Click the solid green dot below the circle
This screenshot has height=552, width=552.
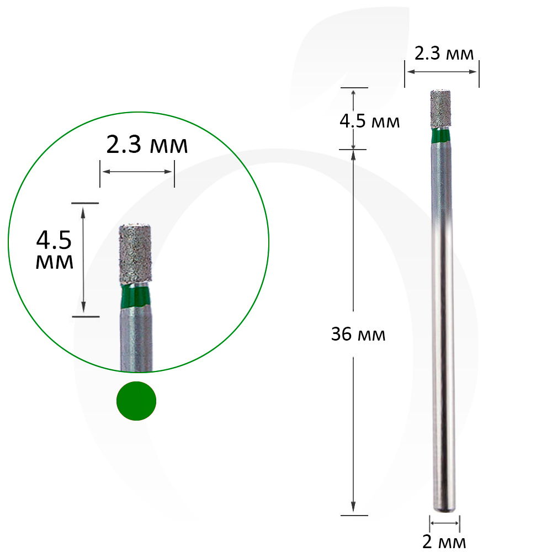click(x=136, y=401)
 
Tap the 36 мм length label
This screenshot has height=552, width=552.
click(x=358, y=334)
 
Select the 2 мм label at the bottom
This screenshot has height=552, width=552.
click(x=444, y=542)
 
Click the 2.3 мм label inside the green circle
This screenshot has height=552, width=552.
click(x=147, y=145)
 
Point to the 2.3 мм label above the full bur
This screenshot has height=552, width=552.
click(x=444, y=54)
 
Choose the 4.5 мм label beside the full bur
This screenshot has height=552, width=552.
click(x=370, y=121)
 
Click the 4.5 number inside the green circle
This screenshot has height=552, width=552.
click(x=54, y=240)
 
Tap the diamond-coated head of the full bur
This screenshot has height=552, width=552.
click(x=440, y=109)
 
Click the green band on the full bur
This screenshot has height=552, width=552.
click(x=440, y=136)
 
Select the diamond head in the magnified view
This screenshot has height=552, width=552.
click(x=136, y=253)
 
